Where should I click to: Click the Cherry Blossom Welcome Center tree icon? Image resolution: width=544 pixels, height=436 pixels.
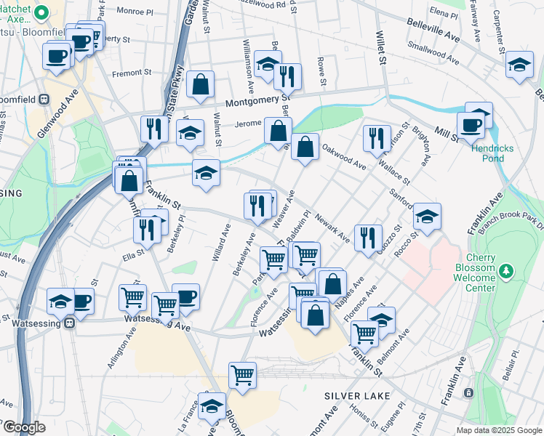pyautogui.click(x=506, y=272)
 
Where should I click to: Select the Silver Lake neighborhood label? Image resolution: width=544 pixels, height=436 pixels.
pyautogui.click(x=357, y=396)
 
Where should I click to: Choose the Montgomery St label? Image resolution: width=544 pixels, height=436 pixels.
pyautogui.click(x=257, y=102)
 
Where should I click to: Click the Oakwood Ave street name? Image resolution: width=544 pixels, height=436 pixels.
pyautogui.click(x=343, y=157)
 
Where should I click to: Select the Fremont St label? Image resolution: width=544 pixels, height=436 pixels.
pyautogui.click(x=132, y=72)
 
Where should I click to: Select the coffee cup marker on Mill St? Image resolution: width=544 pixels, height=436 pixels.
pyautogui.click(x=471, y=124)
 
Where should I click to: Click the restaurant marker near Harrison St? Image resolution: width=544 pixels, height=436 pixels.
pyautogui.click(x=375, y=138)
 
